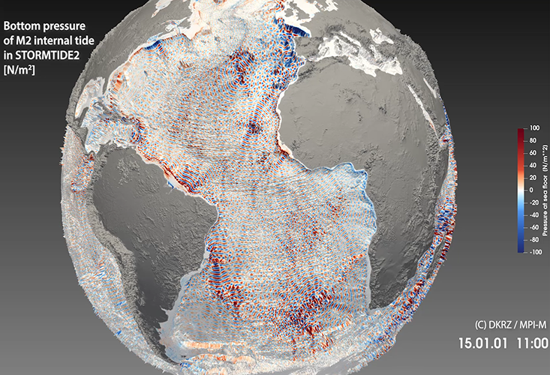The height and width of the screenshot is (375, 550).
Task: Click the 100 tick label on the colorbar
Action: pyautogui.click(x=533, y=130)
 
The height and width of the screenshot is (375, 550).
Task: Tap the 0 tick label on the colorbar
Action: pyautogui.click(x=530, y=191)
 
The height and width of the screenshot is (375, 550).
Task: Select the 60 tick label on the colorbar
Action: pyautogui.click(x=532, y=154)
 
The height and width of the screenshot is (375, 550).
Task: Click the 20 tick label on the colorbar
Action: pyautogui.click(x=532, y=179)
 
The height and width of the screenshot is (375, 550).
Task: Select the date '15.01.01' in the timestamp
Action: pyautogui.click(x=480, y=343)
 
